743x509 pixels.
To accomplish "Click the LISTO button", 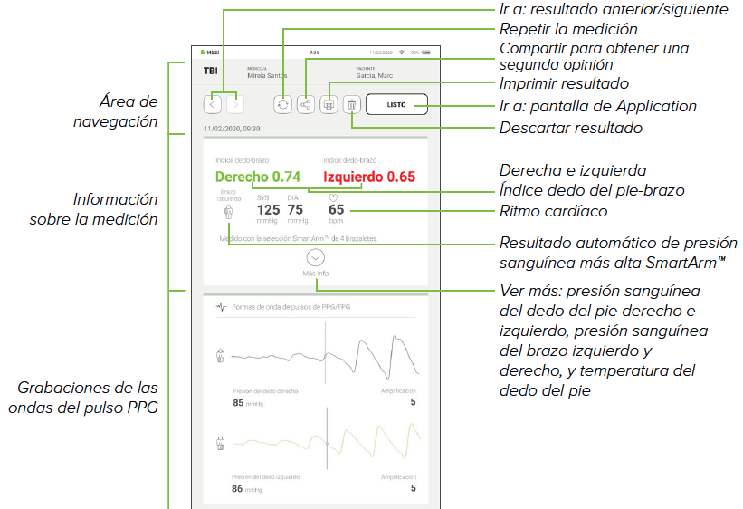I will pyautogui.click(x=395, y=105).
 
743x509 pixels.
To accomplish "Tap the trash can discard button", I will pyautogui.click(x=351, y=105).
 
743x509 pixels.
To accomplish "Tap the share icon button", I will pyautogui.click(x=306, y=105).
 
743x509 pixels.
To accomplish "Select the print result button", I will pyautogui.click(x=329, y=105).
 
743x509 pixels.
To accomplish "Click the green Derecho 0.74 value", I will pyautogui.click(x=258, y=177).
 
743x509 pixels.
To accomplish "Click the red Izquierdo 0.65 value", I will pyautogui.click(x=369, y=177).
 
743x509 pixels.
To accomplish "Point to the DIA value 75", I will pyautogui.click(x=295, y=209).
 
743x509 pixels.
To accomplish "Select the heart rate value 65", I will pyautogui.click(x=336, y=209).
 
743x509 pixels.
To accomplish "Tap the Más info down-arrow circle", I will pyautogui.click(x=316, y=257).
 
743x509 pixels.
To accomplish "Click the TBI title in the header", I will pyautogui.click(x=210, y=71).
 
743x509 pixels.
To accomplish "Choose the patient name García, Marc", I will pyautogui.click(x=377, y=77).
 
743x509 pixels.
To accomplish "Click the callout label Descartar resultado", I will pyautogui.click(x=570, y=128).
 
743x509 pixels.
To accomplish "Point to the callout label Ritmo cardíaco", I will pyautogui.click(x=553, y=211).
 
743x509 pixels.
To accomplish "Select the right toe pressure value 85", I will pyautogui.click(x=238, y=402).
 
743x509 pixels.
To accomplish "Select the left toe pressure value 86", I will pyautogui.click(x=238, y=488).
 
